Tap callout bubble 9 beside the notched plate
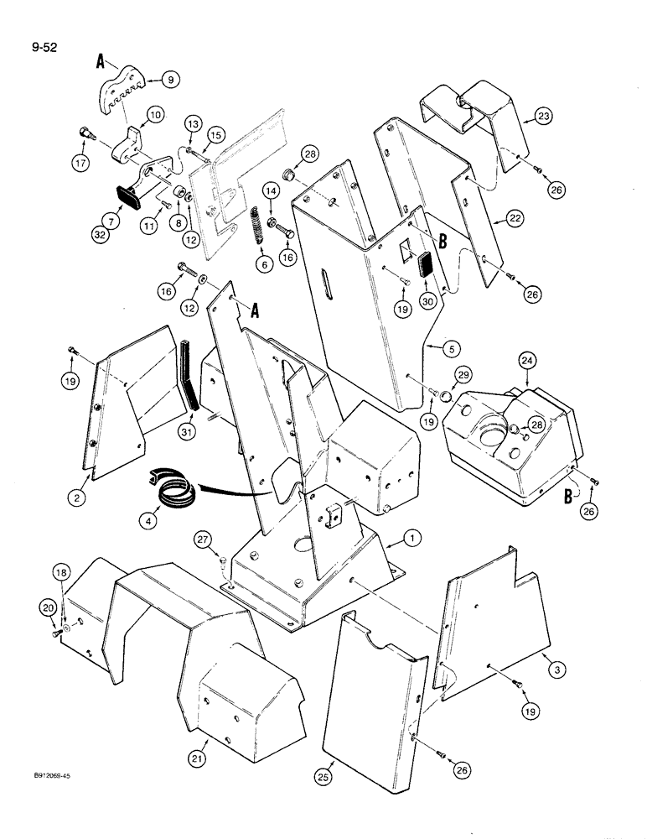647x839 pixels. coord(173,81)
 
